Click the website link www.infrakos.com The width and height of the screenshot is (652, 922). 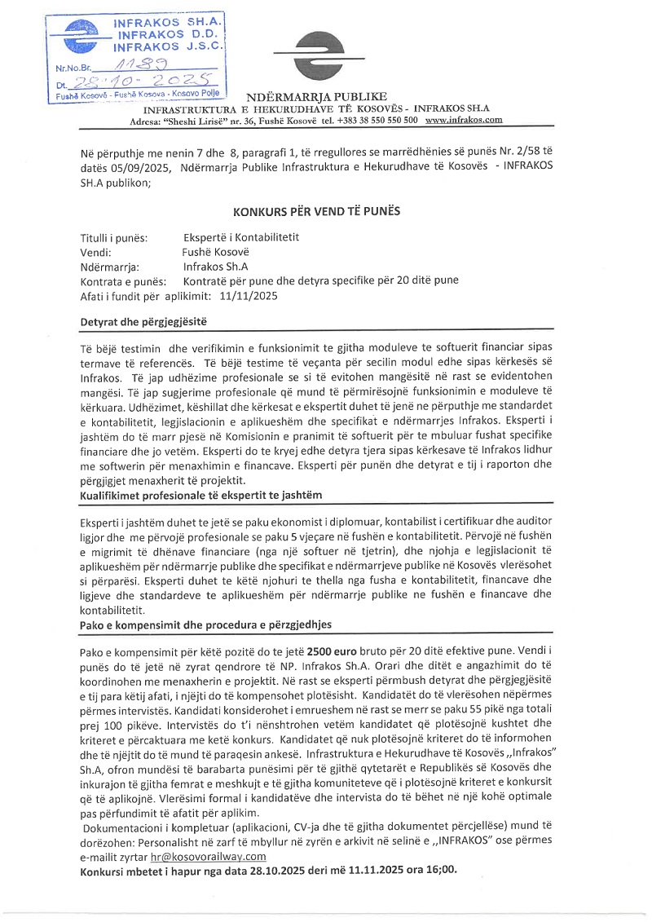pos(464,120)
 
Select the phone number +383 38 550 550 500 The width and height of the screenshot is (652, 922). pos(375,120)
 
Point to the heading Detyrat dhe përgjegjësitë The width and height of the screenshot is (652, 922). pos(145,321)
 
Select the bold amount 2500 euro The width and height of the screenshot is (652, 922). pos(355,654)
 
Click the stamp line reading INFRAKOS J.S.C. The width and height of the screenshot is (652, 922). pos(169,48)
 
